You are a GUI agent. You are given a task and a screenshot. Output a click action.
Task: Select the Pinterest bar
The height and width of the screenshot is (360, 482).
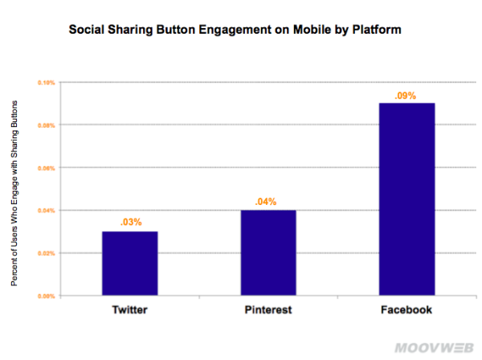(x=269, y=252)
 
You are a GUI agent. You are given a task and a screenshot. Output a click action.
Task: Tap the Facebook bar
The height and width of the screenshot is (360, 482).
(x=406, y=199)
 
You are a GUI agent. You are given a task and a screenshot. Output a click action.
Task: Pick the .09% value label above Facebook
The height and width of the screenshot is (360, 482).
(x=405, y=96)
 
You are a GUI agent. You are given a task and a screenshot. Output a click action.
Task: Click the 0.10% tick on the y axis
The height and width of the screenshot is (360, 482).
(x=46, y=83)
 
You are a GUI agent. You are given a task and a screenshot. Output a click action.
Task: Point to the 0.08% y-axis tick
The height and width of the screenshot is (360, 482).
(x=46, y=125)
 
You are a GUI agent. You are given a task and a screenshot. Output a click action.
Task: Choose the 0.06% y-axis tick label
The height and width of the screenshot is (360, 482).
(x=46, y=168)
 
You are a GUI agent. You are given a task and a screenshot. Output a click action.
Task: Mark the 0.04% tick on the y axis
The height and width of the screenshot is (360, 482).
(x=46, y=211)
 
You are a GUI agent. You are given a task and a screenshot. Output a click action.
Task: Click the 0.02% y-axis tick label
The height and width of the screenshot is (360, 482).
(x=46, y=253)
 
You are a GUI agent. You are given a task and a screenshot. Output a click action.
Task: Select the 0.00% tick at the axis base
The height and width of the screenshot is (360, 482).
(x=46, y=296)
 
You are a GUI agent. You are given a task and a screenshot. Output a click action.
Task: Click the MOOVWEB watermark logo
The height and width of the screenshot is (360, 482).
(x=431, y=348)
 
